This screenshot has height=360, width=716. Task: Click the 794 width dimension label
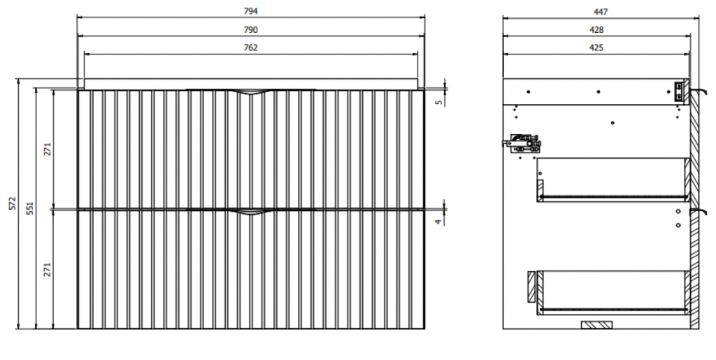(x=251, y=11)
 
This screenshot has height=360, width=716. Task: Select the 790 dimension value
(x=251, y=30)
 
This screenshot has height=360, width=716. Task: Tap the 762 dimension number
(x=251, y=48)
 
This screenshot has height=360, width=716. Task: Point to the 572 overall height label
(x=13, y=203)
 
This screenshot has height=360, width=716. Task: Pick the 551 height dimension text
(x=30, y=208)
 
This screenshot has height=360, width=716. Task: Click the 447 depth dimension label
(x=601, y=12)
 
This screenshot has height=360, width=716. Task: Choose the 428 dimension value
(x=596, y=30)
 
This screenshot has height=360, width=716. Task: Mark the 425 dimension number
(x=596, y=48)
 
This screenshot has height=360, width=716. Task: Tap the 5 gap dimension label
(x=439, y=102)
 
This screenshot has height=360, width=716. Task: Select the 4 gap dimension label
(x=439, y=222)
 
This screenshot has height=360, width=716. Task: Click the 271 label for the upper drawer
(x=48, y=149)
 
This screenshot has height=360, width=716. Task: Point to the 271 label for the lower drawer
(x=48, y=269)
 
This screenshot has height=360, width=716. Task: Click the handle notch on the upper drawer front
(x=251, y=93)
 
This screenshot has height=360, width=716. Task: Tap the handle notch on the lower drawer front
(x=251, y=213)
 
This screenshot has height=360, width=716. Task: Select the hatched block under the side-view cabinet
(x=596, y=325)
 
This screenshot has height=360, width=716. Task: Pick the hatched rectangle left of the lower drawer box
(x=531, y=287)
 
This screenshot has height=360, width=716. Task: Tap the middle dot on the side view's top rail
(x=599, y=92)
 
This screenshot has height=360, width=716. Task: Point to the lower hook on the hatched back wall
(x=699, y=211)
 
